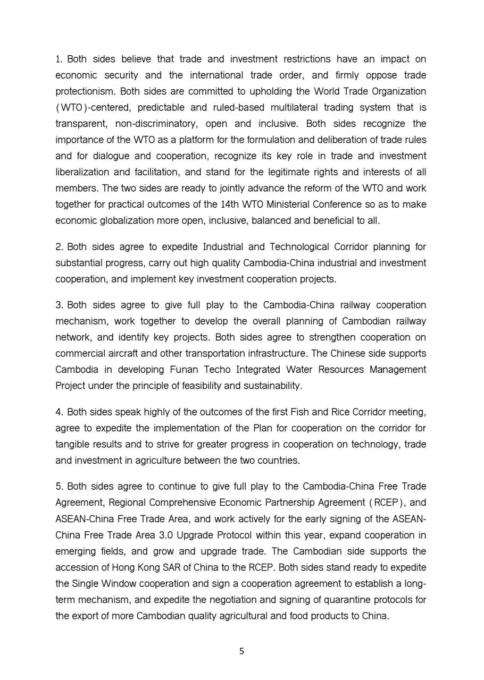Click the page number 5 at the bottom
coord(242,651)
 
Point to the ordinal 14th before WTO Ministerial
coord(229,205)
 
